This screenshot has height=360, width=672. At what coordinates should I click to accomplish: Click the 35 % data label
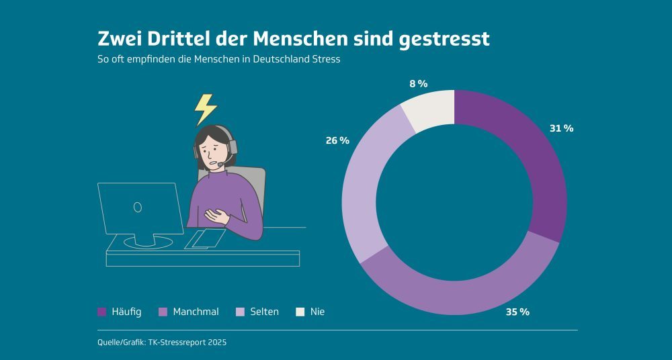coord(517,312)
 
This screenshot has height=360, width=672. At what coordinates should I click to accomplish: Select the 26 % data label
coord(337,140)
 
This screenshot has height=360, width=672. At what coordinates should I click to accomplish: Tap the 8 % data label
coord(418,84)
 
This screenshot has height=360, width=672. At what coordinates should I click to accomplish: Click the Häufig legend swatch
coord(102,312)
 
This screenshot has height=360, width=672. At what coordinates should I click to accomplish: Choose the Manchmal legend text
coord(196,312)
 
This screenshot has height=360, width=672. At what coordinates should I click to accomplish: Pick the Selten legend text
coord(264,312)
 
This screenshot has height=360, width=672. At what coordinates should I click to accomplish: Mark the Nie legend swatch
coord(300,312)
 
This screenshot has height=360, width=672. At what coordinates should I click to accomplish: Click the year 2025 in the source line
coord(216,343)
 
